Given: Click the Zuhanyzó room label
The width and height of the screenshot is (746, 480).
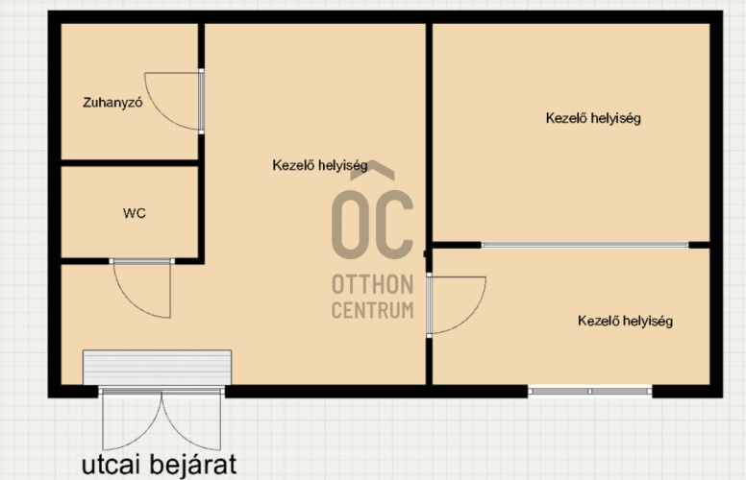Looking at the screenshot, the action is click(112, 103).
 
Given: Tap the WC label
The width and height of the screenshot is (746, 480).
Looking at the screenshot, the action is click(135, 213).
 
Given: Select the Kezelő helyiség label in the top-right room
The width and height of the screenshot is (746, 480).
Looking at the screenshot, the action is click(593, 118).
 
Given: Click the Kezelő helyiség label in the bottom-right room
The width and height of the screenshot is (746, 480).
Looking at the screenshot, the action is click(625, 321).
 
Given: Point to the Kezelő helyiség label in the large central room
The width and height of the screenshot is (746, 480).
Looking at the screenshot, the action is click(320, 165).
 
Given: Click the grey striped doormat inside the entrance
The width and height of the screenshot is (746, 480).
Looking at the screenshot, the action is click(157, 368).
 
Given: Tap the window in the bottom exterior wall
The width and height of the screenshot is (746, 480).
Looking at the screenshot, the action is click(590, 391).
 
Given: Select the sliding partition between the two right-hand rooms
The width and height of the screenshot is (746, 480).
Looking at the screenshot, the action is click(585, 245).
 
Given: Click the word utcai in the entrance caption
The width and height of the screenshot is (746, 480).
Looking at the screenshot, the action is click(111, 465).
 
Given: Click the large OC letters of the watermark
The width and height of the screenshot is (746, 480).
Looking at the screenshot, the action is click(372, 225).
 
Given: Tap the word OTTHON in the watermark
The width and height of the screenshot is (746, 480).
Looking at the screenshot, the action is click(373, 285).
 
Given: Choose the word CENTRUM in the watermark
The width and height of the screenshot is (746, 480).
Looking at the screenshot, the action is click(373, 310).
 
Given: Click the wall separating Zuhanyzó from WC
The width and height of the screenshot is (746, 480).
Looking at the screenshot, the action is click(130, 163).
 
